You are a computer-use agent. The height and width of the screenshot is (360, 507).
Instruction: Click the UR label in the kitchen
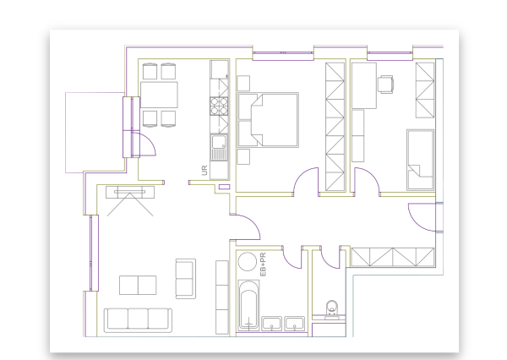[x=204, y=170]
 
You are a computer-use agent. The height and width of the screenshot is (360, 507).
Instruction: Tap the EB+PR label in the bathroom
[x=263, y=265]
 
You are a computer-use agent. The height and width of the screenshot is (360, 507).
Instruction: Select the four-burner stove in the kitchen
[x=219, y=106]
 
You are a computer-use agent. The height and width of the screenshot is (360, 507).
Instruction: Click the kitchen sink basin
[x=219, y=143]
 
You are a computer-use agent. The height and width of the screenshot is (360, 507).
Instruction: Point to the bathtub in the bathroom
[x=248, y=305]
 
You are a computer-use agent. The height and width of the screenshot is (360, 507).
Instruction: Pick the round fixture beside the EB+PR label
[x=248, y=261]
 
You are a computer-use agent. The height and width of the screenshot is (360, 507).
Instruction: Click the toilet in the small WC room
[x=332, y=309]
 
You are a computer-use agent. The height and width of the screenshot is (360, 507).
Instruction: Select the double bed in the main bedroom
[x=268, y=120]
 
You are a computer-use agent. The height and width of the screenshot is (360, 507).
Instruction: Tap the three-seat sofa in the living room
[x=138, y=320]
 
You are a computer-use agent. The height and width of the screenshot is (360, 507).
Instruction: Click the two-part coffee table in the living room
[x=138, y=286]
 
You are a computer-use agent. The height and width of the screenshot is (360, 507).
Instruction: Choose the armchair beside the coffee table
[x=186, y=279]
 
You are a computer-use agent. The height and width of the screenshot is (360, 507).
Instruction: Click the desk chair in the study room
[x=386, y=85]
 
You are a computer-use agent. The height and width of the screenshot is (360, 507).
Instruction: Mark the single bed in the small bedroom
[x=420, y=160]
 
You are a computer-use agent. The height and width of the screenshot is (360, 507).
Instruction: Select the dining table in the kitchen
[x=159, y=95]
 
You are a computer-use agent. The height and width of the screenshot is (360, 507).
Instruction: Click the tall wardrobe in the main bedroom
[x=335, y=127]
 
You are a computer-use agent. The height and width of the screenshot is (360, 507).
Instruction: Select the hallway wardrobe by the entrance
[x=393, y=257]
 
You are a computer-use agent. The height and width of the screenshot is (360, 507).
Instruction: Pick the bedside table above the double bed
[x=243, y=83]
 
